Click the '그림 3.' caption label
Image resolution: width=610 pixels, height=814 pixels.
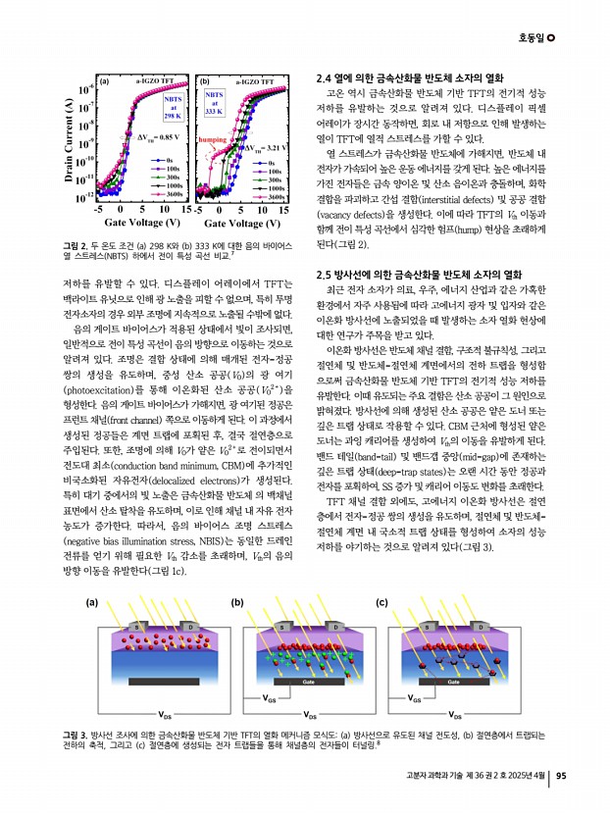pos(75,734)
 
